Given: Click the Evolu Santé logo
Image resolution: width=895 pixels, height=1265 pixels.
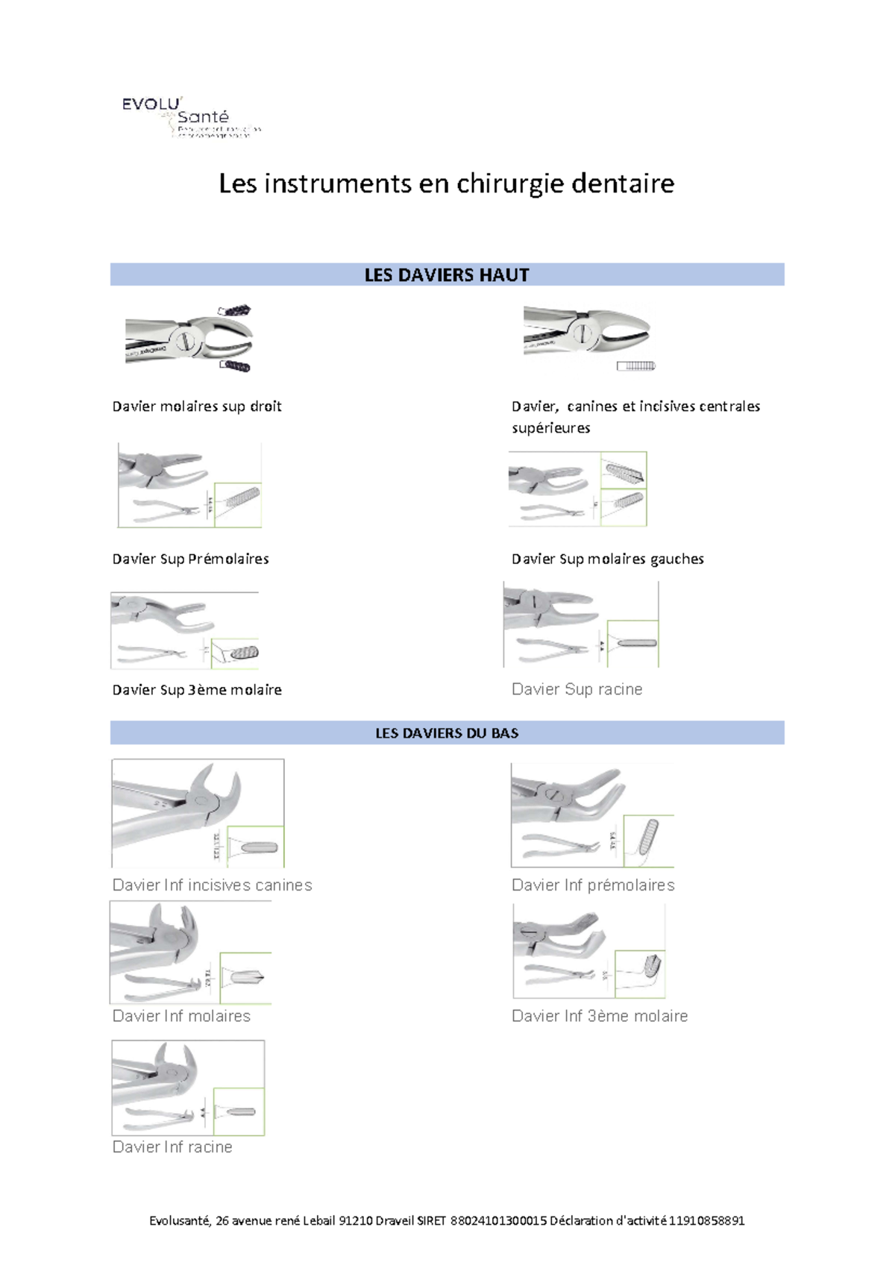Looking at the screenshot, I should tap(190, 118).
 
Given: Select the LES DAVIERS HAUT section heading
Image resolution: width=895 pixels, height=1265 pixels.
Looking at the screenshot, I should tap(446, 275).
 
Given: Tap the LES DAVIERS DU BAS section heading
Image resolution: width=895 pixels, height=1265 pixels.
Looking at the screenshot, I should tap(446, 733).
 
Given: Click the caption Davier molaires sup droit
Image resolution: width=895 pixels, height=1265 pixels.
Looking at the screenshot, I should tap(197, 407).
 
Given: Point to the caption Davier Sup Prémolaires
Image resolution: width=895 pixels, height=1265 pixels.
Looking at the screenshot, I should tap(190, 559).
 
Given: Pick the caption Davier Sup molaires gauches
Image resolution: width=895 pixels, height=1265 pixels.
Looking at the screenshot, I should tap(607, 559).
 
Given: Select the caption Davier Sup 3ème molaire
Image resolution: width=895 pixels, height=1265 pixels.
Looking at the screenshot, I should tap(197, 690).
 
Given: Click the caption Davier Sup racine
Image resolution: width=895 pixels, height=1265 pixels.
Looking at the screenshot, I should tap(577, 689).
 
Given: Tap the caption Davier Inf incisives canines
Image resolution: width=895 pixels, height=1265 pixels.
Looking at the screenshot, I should tap(212, 885).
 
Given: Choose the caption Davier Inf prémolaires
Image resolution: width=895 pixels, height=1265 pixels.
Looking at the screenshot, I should tap(593, 885).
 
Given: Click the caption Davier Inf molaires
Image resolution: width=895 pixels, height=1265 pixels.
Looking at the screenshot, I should tap(181, 1016).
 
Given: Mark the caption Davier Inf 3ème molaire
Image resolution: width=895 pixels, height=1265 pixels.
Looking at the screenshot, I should tap(600, 1016).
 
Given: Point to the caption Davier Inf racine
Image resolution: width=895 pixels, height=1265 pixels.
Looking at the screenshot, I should tap(172, 1147).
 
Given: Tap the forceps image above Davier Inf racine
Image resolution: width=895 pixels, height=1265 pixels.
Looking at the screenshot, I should tap(188, 1087).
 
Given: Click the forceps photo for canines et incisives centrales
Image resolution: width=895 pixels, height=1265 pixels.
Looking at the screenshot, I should tap(588, 337).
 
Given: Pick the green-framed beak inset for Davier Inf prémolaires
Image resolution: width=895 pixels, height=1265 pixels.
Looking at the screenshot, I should tap(649, 840).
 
